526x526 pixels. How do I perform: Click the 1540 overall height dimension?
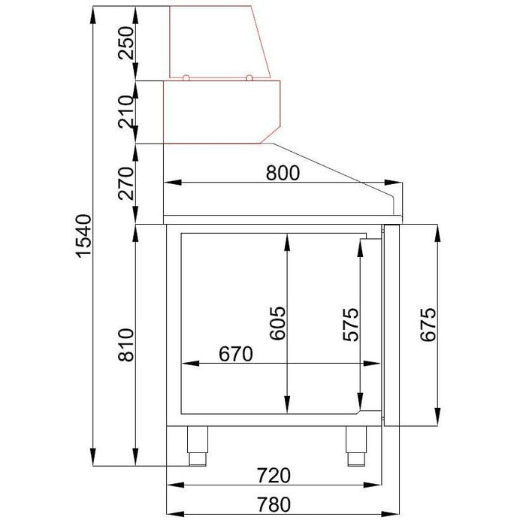83,236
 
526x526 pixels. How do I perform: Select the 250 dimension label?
126,43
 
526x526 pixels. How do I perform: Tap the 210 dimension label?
126,112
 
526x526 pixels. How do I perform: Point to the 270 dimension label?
126,183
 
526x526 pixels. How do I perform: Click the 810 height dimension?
126,345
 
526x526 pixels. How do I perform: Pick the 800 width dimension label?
283,173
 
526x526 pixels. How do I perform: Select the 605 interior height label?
278,323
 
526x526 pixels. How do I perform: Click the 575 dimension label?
351,325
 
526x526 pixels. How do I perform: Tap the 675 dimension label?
428,325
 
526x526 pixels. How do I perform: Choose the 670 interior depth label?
235,354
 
